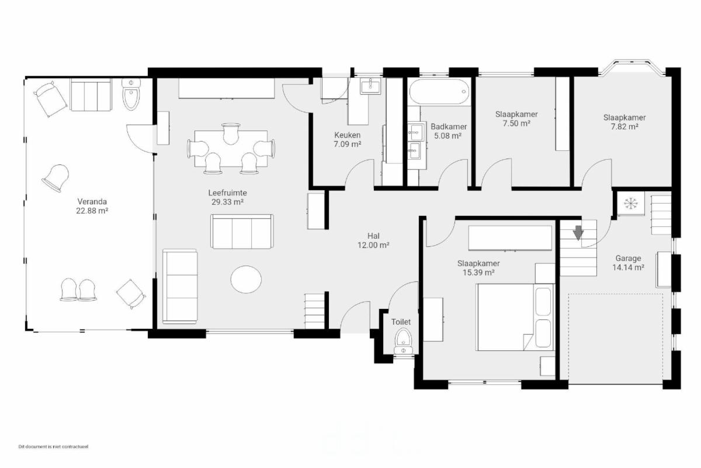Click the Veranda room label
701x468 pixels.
pos(92,202)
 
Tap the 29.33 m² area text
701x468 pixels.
pos(227,202)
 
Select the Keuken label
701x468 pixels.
pos(348,135)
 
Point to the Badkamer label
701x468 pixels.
pos(449,126)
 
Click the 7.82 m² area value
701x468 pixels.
pos(624,126)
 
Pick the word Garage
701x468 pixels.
pos(628,259)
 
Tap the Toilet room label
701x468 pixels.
pos(401,322)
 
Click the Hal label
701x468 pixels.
pos(373,236)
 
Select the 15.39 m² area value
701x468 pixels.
pos(478,273)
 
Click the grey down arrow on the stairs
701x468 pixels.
pos(578,233)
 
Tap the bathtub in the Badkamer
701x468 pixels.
pos(440,91)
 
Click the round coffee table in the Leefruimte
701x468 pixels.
pos(246,279)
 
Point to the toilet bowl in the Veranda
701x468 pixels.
pos(131,94)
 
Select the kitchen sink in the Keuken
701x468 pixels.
pos(370,86)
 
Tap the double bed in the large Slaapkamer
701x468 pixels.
pos(515,317)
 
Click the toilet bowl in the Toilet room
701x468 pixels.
pos(404,342)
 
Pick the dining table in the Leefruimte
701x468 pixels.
pos(231,149)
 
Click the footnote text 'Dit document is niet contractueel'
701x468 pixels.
pos(53,447)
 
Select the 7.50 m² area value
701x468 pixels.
pos(516,123)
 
